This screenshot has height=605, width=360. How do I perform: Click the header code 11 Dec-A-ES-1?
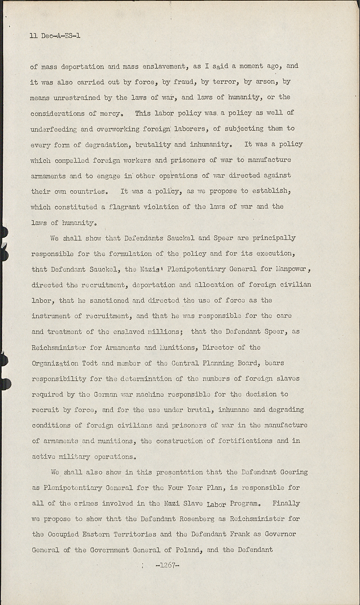[x=55, y=36]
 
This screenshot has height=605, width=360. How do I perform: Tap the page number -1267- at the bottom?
[x=167, y=565]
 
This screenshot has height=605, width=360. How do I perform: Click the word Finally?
[x=286, y=503]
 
